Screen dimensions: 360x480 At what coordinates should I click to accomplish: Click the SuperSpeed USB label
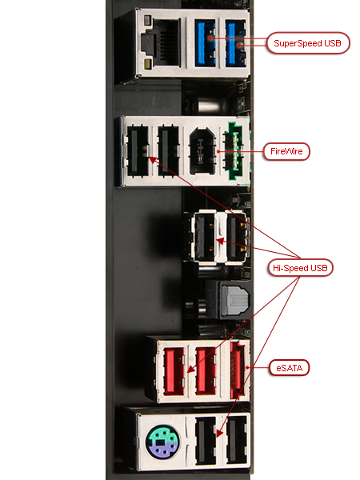point(308,43)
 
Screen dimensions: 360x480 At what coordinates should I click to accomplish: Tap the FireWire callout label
point(286,151)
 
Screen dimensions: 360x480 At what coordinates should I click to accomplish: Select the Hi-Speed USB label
point(300,268)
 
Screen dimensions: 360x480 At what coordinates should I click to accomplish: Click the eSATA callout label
point(290,368)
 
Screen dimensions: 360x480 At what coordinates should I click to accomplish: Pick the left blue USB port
point(206,42)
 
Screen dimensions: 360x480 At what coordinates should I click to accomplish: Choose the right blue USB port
point(235,43)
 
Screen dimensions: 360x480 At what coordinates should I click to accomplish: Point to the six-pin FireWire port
point(202,151)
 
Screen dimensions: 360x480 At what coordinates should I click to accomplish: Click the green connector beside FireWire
point(238,151)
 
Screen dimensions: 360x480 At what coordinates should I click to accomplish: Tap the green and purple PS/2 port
point(162,442)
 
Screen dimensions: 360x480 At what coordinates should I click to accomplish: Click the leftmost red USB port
point(174,371)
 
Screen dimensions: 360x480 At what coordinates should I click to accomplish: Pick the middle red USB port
point(206,370)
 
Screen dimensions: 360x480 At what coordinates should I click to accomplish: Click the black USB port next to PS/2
point(205,442)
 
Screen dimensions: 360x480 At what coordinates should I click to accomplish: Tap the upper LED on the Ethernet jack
point(147,20)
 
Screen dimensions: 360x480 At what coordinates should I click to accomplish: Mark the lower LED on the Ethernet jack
point(147,64)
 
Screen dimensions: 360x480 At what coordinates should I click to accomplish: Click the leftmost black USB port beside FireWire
point(138,151)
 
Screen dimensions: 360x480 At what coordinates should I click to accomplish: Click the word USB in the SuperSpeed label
point(333,43)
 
